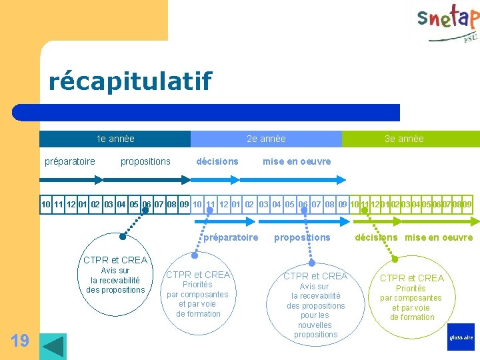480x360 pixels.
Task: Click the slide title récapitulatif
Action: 130,81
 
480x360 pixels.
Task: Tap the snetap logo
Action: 447,24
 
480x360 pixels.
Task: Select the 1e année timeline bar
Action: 115,139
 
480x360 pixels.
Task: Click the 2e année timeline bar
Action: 266,139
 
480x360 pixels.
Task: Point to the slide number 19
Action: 20,341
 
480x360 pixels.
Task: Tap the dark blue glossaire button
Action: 461,337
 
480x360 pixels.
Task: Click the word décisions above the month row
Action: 217,161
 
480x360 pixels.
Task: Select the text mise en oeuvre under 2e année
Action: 297,161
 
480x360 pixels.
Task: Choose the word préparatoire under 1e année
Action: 69,161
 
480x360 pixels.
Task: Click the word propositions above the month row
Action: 145,161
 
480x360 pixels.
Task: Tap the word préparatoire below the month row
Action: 230,237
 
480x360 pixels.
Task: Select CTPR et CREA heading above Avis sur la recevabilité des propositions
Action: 115,260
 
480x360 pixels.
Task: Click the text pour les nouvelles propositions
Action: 315,325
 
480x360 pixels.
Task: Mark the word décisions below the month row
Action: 376,237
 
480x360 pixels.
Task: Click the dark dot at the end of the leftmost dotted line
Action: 123,236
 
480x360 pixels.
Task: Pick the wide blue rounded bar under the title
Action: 207,112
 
